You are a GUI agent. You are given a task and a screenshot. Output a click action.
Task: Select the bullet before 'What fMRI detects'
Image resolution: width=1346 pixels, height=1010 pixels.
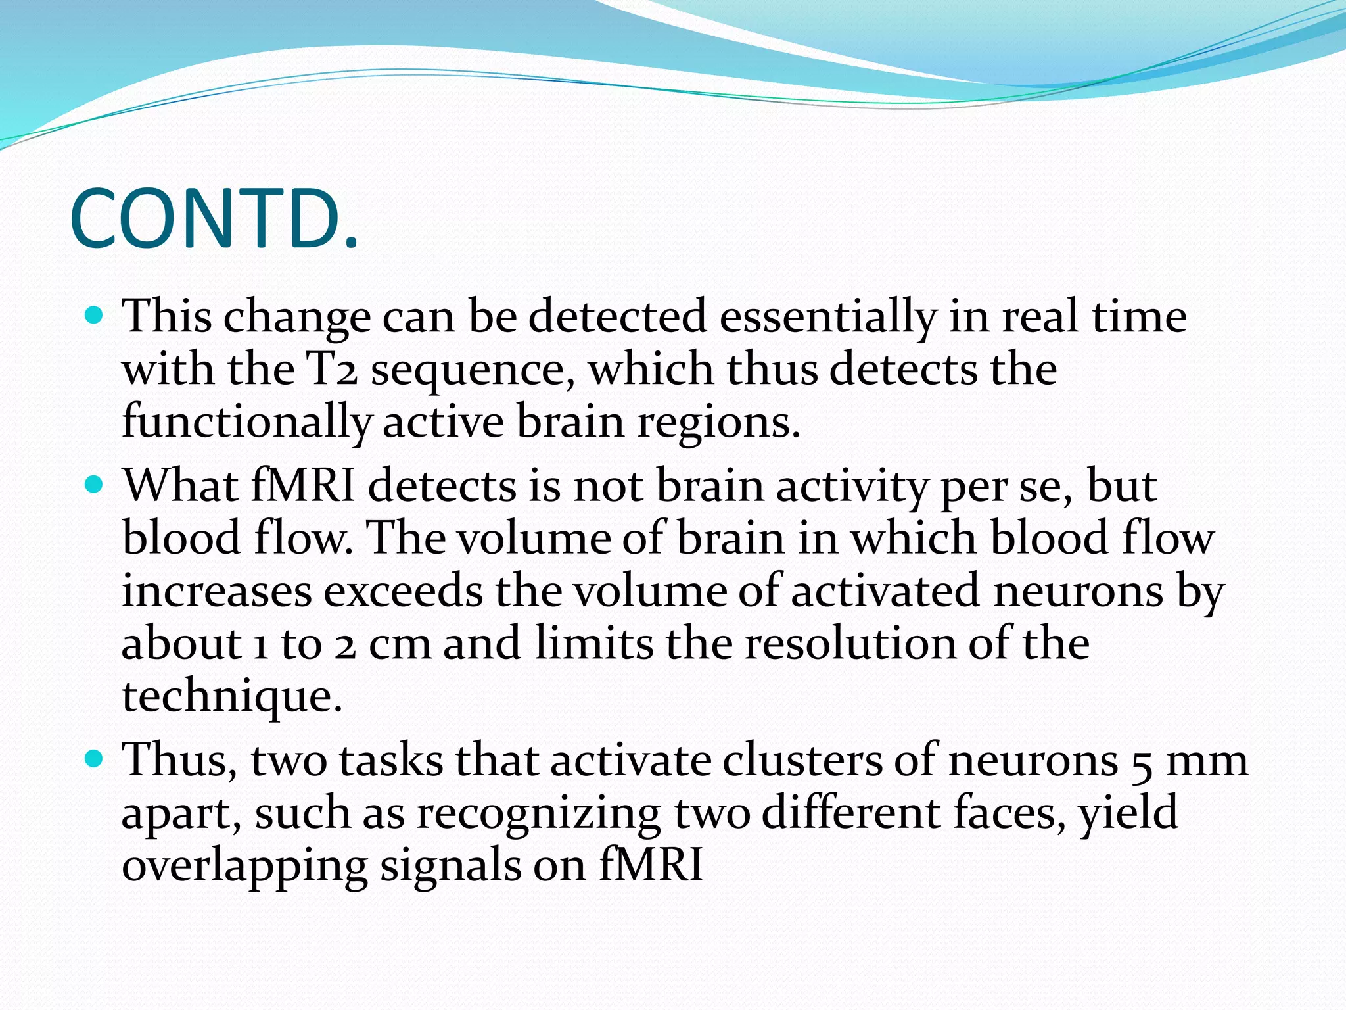tap(95, 485)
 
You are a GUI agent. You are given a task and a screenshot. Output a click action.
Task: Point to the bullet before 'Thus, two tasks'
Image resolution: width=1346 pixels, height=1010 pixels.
tap(95, 759)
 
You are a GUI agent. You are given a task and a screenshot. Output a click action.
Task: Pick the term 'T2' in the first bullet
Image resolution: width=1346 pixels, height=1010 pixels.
tap(332, 370)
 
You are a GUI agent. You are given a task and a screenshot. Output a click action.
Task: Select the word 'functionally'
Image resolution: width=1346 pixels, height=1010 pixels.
tap(247, 423)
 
